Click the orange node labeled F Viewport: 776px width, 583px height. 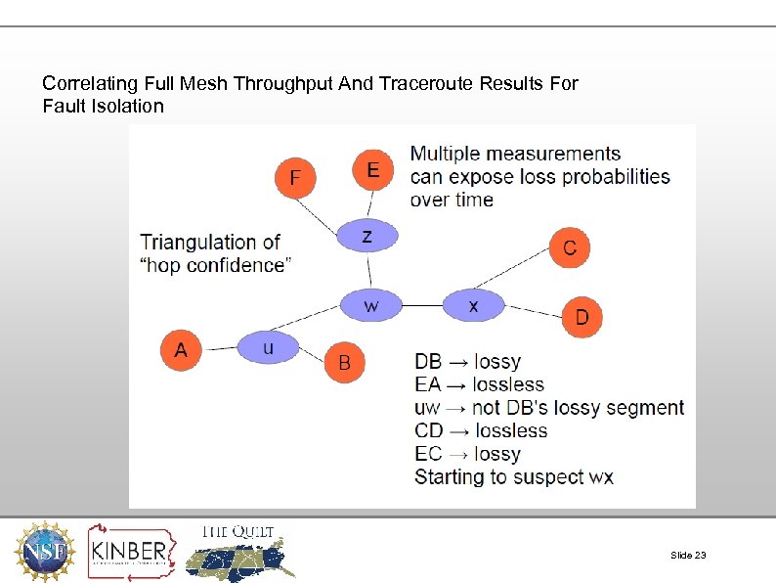[x=296, y=177]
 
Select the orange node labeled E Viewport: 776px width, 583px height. [x=372, y=170]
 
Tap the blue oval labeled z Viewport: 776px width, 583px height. [x=367, y=236]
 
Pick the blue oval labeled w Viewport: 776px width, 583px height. [x=371, y=305]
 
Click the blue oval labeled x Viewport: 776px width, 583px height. [x=473, y=305]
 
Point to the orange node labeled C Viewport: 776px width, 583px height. [x=570, y=247]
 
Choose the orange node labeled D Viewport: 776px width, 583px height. [x=582, y=316]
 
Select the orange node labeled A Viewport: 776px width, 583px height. [x=181, y=349]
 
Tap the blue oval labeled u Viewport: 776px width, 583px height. [x=268, y=346]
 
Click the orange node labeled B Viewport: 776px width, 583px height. [x=344, y=363]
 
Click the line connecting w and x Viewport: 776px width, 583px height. [x=422, y=305]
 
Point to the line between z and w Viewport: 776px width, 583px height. [x=369, y=271]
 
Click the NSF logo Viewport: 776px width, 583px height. [x=43, y=551]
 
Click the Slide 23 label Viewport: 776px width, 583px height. [x=688, y=555]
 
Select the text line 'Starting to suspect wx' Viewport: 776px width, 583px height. [x=514, y=477]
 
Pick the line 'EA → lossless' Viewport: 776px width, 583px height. [x=479, y=384]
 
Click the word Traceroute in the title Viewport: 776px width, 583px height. [x=426, y=83]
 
